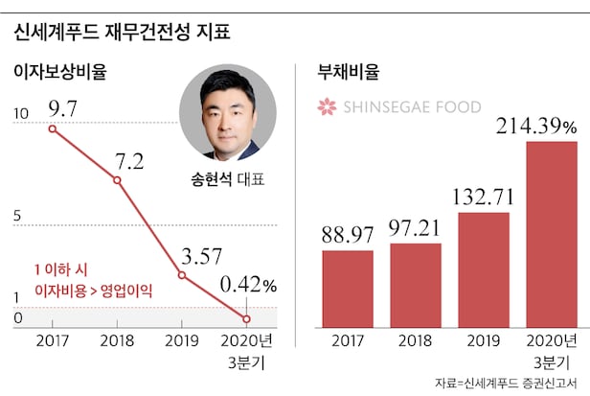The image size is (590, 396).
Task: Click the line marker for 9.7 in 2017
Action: pyautogui.click(x=51, y=128)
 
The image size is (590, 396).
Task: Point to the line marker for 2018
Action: pyautogui.click(x=117, y=180)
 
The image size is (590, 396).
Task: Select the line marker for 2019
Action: pyautogui.click(x=182, y=276)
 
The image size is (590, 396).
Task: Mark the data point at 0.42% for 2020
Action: pyautogui.click(x=247, y=318)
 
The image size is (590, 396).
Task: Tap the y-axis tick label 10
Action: pyautogui.click(x=20, y=116)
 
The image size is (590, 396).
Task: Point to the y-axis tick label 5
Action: pyautogui.click(x=17, y=218)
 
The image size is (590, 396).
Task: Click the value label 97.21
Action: pyautogui.click(x=416, y=229)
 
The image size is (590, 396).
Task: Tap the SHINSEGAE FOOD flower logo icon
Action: pyautogui.click(x=329, y=106)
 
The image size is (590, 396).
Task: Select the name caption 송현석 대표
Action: pyautogui.click(x=228, y=179)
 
